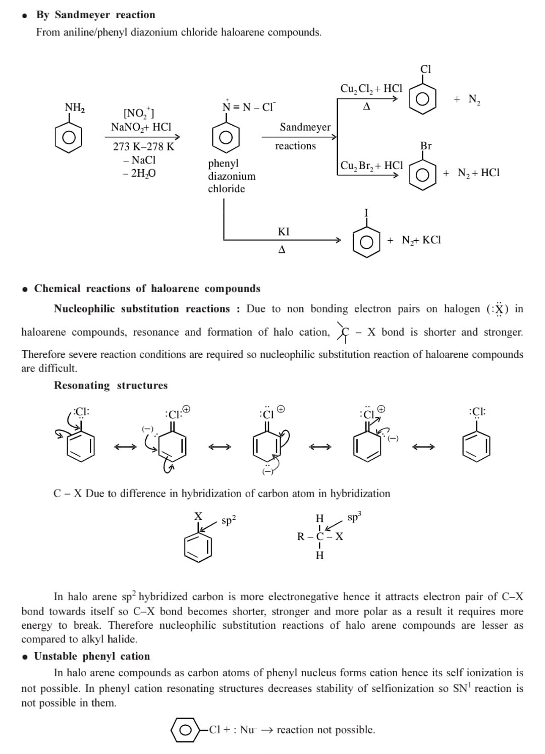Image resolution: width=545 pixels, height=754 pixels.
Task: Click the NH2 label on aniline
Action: (x=75, y=107)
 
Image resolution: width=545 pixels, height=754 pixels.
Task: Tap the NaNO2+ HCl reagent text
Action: (x=141, y=127)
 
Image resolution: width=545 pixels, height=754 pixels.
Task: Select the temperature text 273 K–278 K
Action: (x=143, y=147)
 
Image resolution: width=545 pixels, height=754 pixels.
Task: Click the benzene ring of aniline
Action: (x=69, y=137)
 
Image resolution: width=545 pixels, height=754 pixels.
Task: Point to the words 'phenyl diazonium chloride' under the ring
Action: (x=232, y=176)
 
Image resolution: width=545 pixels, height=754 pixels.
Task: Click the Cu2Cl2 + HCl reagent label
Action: (x=371, y=88)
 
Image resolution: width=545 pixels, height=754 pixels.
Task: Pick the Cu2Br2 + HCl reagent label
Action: (x=371, y=166)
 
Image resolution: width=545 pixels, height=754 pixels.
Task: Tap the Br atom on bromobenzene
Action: (x=426, y=146)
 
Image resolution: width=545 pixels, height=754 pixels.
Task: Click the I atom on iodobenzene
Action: (x=366, y=212)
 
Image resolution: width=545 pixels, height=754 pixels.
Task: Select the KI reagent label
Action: (x=284, y=232)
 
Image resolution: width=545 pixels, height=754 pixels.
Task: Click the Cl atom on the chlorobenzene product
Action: (x=425, y=69)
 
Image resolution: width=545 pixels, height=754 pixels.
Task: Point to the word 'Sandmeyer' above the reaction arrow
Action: (x=305, y=127)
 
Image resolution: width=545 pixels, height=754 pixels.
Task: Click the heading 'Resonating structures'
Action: (x=111, y=385)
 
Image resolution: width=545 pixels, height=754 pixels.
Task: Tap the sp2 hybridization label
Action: (x=229, y=520)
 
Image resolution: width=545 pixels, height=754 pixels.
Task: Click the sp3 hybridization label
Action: (x=354, y=518)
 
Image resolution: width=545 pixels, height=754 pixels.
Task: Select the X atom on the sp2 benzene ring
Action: (x=198, y=516)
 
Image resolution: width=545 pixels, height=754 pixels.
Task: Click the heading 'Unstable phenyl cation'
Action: (x=92, y=656)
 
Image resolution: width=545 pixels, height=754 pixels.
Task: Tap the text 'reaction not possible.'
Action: (x=326, y=730)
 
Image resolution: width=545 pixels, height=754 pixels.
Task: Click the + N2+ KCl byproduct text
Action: (x=414, y=240)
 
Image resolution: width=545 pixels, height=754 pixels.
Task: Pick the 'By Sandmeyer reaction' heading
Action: (x=95, y=15)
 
